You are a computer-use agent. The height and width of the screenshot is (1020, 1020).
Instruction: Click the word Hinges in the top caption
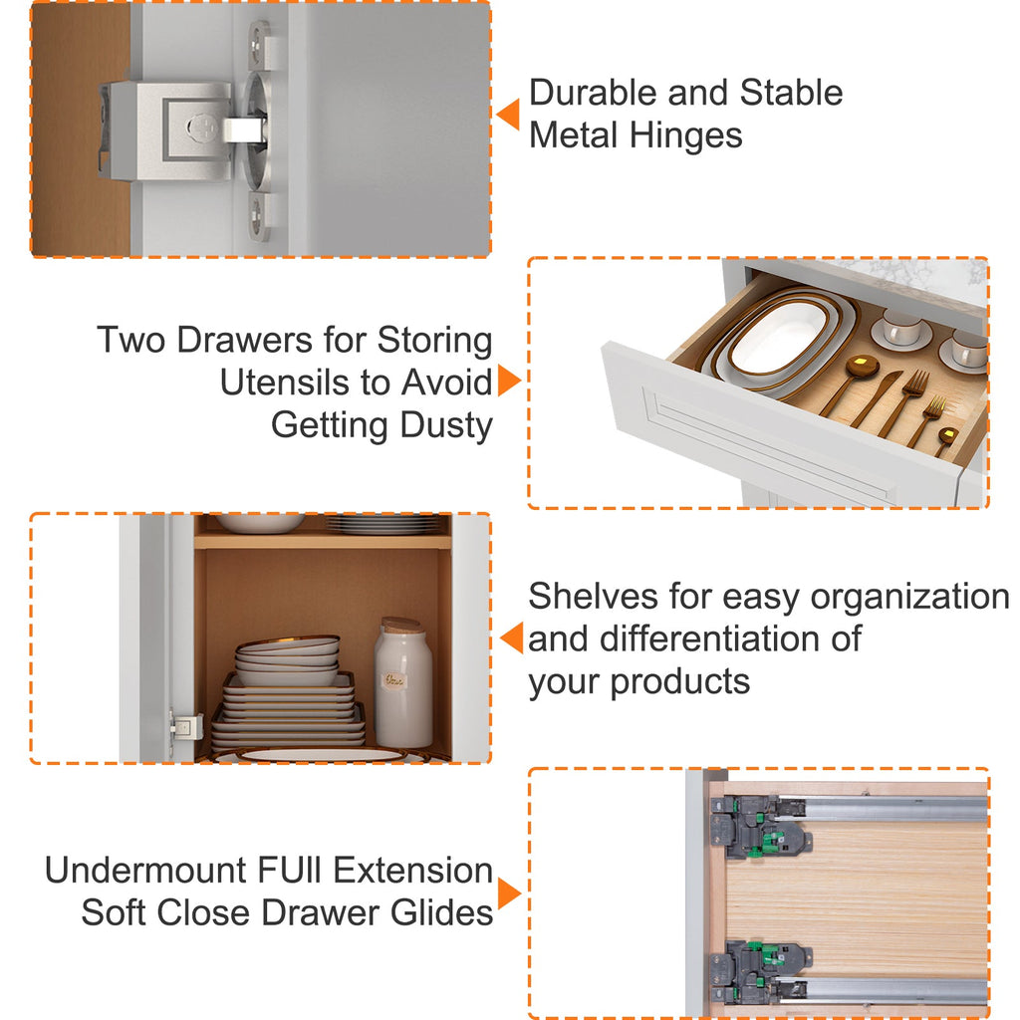click(x=685, y=136)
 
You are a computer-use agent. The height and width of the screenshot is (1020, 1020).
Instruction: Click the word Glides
click(x=441, y=912)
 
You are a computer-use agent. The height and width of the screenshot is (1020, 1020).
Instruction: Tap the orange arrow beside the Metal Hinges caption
click(x=508, y=115)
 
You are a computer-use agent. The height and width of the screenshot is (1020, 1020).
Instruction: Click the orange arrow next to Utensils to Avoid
click(x=509, y=381)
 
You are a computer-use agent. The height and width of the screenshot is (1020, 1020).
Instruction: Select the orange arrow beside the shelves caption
click(x=512, y=637)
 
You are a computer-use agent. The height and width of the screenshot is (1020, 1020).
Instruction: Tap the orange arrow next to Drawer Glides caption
click(x=509, y=893)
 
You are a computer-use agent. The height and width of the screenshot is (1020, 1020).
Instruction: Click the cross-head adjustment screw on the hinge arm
click(x=201, y=127)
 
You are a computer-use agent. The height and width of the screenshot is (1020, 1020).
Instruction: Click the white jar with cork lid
click(x=402, y=683)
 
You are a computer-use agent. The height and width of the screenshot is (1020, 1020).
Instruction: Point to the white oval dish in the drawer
click(x=778, y=337)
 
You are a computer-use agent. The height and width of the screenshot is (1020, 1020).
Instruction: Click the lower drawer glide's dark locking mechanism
click(x=758, y=971)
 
